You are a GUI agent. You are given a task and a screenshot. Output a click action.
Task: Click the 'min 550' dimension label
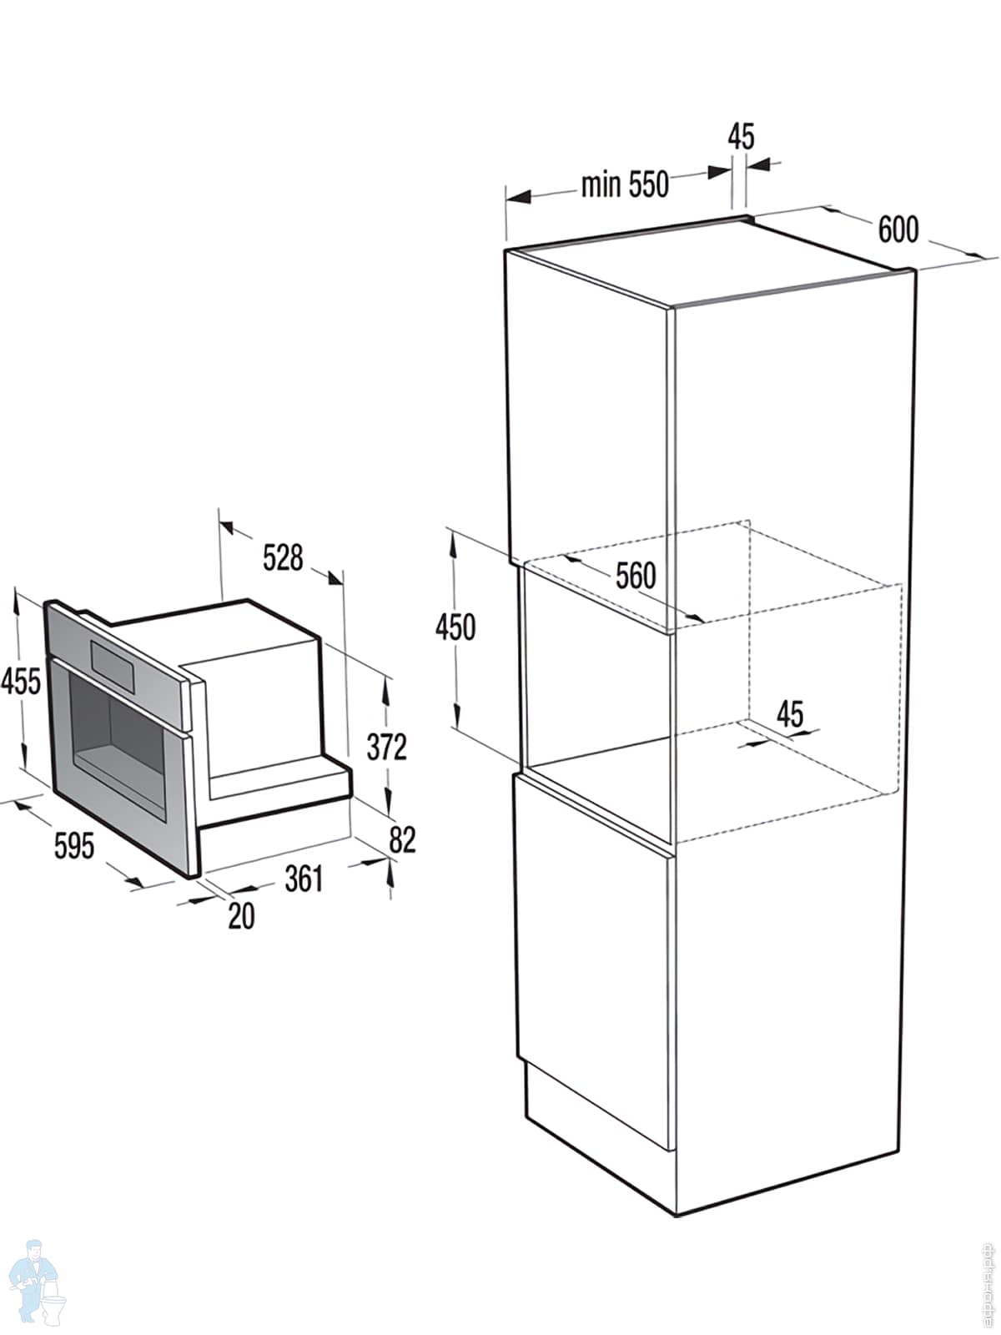click(625, 184)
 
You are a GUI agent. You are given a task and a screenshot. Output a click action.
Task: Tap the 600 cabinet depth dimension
click(898, 229)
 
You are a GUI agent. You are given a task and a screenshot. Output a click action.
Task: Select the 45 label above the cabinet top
click(741, 136)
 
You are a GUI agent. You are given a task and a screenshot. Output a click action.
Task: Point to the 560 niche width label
click(636, 576)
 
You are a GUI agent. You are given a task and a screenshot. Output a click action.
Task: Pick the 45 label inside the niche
click(789, 714)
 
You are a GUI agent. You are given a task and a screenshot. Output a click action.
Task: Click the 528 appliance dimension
click(283, 557)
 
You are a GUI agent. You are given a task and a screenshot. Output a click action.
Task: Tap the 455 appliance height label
click(20, 681)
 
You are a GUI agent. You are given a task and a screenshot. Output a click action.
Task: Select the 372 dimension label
click(387, 747)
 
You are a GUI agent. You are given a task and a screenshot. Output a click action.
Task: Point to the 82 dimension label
click(402, 839)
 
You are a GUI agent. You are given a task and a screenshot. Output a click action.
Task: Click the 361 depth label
click(304, 879)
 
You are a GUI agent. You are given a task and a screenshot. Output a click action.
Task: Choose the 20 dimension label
click(241, 916)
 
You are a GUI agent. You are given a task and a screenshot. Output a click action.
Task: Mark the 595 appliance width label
click(74, 846)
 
